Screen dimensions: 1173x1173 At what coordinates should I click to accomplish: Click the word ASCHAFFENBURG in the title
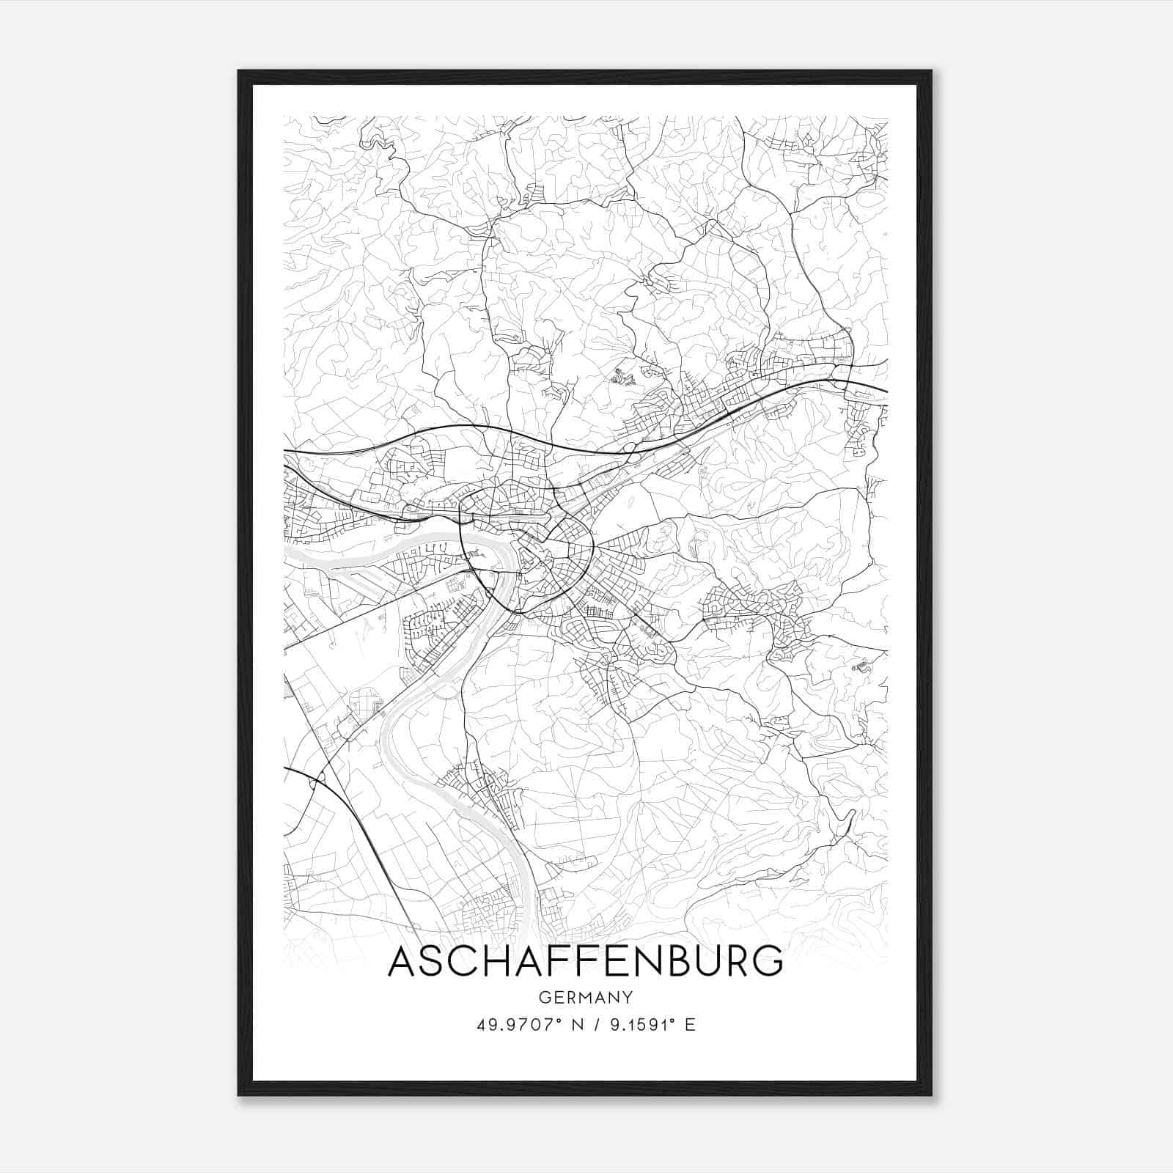tap(585, 962)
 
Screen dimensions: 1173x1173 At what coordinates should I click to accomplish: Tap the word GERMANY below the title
tap(585, 998)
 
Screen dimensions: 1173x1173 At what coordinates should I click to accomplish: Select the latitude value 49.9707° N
tap(521, 1025)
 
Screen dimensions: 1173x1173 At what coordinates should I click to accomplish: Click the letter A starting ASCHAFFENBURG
tap(402, 962)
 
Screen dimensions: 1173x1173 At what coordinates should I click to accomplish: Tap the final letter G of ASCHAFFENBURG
tap(767, 962)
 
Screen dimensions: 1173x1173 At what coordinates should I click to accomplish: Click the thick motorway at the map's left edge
tap(287, 451)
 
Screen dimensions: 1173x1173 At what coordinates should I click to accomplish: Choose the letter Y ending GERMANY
tap(628, 998)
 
